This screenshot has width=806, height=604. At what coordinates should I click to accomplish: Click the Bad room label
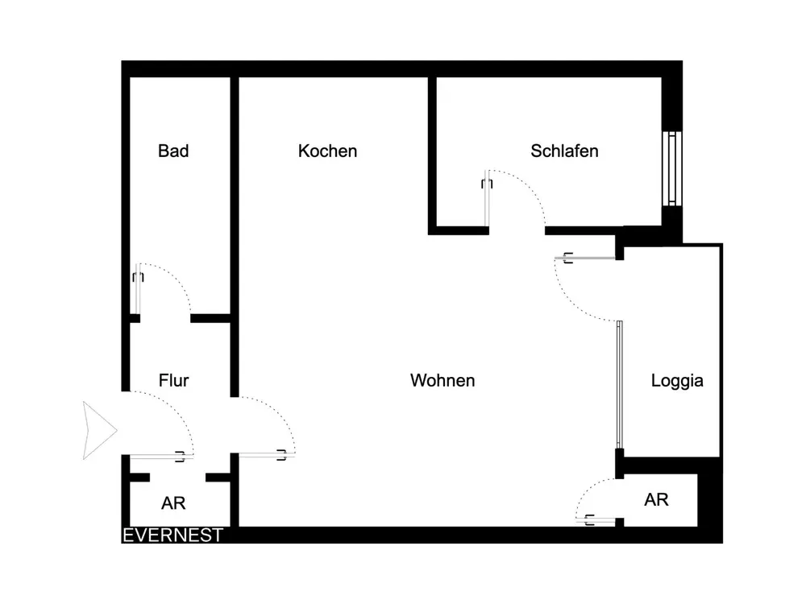pos(173,151)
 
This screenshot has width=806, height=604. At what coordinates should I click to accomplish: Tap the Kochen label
pos(327,151)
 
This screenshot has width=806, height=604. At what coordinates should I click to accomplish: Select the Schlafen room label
pos(564,151)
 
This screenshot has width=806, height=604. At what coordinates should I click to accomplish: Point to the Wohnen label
pos(442,381)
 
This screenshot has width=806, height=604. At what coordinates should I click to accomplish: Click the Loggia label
pos(677,381)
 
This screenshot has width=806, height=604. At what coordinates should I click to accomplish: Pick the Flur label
pos(174,381)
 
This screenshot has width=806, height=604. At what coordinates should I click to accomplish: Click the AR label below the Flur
pos(173,503)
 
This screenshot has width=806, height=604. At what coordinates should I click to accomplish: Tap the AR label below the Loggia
pos(656,499)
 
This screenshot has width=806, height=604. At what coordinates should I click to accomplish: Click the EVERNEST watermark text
pos(172,536)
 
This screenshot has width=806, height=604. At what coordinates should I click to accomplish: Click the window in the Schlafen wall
pos(672,168)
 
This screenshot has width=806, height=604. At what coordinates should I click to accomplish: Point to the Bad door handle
pos(138,277)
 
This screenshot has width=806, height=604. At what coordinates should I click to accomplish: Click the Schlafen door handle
pos(487,184)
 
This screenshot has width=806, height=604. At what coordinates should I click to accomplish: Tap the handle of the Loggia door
pos(568,258)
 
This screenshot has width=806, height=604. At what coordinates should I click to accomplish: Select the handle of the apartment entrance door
pos(180,456)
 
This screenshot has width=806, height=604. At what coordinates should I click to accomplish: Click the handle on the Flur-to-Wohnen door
pos(281,454)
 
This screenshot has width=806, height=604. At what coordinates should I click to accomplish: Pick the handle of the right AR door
pos(590,519)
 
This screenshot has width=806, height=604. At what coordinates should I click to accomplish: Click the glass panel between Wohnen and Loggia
pos(619,385)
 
